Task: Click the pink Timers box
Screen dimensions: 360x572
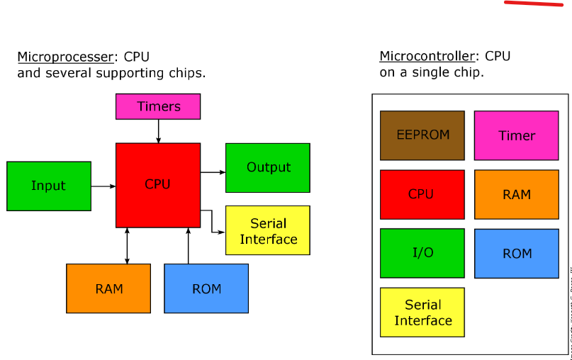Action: [158, 106]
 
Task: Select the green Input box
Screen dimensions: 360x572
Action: [49, 186]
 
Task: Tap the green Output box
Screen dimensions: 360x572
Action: [268, 168]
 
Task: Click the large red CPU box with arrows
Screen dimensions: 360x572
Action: [158, 185]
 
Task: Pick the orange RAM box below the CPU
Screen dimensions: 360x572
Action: [108, 288]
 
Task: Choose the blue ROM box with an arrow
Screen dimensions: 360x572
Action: [206, 288]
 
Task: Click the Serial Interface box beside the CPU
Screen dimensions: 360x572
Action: [268, 230]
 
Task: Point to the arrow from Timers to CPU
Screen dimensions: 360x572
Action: [158, 131]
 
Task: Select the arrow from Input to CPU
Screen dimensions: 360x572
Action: [103, 186]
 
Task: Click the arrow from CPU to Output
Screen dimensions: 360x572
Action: [213, 171]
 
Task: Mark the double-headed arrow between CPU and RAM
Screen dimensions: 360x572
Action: [127, 246]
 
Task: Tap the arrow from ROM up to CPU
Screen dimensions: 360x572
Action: [188, 246]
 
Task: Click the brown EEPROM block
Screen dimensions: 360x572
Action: [422, 135]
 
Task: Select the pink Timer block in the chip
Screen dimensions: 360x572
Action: [517, 135]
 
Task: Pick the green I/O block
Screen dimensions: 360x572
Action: [422, 253]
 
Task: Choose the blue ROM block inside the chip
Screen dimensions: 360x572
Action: [517, 253]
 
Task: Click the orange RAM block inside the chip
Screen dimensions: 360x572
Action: [517, 194]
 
